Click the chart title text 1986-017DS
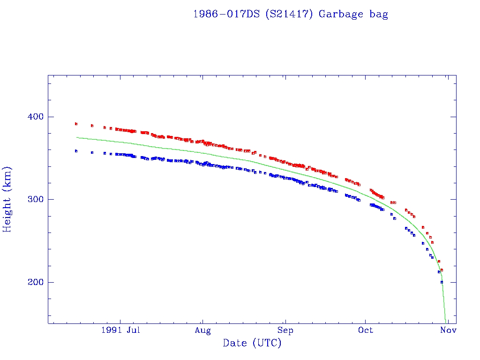[x=226, y=14]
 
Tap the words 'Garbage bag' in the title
[x=353, y=14]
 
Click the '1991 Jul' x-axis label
[x=120, y=330]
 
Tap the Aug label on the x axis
[x=202, y=330]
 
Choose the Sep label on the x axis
[x=285, y=330]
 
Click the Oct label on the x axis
[x=365, y=330]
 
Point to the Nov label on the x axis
[x=448, y=330]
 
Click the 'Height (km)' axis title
[x=7, y=199]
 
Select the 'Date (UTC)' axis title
[x=252, y=343]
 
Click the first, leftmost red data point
[x=76, y=124]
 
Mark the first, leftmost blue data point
[x=76, y=151]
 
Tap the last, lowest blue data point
[x=442, y=282]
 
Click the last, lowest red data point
[x=442, y=270]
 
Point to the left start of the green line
[x=76, y=137]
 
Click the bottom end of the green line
[x=445, y=322]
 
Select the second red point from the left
[x=92, y=126]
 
